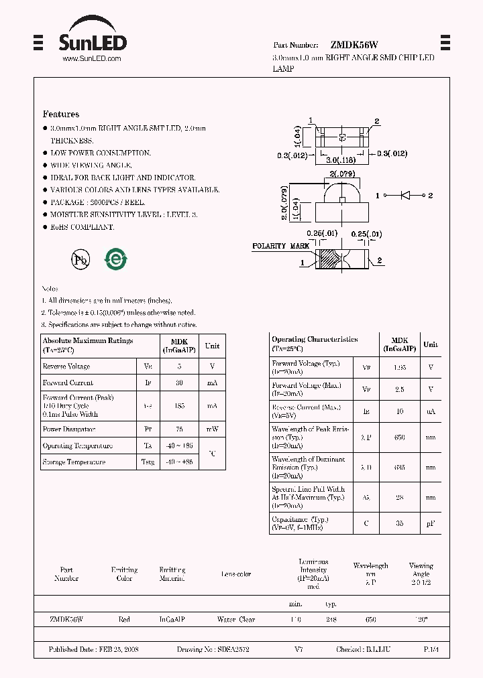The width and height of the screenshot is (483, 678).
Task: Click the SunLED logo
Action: point(93,39)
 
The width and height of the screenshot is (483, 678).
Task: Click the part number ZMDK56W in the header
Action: point(354,45)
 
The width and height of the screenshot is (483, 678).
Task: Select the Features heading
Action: point(61,115)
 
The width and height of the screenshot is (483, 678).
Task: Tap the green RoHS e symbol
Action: point(115,259)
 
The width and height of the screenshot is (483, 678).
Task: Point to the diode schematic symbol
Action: point(405,195)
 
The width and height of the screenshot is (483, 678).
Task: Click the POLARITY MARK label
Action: point(280,247)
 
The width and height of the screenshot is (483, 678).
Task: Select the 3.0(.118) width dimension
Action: point(341,161)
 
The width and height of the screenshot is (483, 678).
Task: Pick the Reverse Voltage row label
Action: point(66,366)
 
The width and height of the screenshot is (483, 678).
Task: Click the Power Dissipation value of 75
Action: point(179,429)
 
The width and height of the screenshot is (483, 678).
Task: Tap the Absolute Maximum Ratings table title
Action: point(88,341)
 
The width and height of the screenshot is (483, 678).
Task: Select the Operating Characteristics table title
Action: point(315,340)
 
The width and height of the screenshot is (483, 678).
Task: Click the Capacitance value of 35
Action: point(399,523)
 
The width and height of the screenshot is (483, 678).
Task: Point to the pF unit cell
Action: point(431,523)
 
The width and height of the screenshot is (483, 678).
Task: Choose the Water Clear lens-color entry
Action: point(236,620)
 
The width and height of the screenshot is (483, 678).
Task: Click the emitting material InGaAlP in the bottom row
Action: point(172,620)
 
